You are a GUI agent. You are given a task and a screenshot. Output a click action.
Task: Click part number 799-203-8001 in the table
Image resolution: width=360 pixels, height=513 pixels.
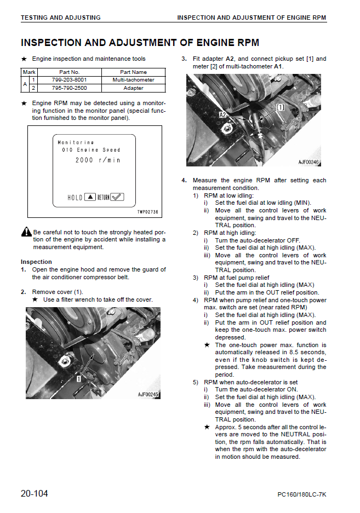pos(69,80)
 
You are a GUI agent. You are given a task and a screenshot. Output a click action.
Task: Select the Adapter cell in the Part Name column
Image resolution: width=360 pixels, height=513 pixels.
pos(133,88)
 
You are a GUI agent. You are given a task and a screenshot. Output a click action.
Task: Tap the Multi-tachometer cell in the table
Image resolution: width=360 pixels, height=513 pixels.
pos(133,80)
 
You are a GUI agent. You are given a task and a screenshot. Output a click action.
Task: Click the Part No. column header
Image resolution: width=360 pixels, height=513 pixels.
pos(69,72)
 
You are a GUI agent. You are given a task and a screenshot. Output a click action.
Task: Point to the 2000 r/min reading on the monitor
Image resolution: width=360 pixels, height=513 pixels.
pos(98,160)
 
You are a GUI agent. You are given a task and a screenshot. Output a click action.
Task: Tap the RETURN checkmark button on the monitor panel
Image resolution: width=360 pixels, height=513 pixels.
pos(117,197)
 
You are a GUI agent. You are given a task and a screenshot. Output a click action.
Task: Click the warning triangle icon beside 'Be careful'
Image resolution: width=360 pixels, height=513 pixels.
pos(26,232)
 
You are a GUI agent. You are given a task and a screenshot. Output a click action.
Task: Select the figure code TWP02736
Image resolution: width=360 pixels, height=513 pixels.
pos(147,211)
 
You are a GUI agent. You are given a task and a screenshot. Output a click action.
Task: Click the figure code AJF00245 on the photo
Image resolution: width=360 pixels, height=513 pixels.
pos(148,394)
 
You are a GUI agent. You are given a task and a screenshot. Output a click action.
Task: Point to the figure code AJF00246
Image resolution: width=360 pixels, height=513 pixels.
pos(309,162)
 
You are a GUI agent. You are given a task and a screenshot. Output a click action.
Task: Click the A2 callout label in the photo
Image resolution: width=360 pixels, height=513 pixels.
pos(223,115)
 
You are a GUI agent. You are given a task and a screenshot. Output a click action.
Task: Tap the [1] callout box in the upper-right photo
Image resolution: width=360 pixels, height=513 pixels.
pos(280,107)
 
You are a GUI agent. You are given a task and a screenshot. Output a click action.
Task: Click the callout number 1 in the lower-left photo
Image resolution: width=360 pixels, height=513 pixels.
pos(79,378)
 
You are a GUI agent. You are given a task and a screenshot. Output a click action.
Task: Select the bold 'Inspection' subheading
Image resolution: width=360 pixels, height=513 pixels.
pos(36,262)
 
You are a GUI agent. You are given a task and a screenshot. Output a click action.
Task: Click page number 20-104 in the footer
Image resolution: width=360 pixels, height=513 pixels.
pos(35,494)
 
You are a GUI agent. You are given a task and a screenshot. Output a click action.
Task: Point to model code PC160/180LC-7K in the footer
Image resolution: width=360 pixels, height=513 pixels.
pos(301,495)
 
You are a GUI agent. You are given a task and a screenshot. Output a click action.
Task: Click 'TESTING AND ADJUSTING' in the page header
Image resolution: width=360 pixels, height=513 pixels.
pos(60,18)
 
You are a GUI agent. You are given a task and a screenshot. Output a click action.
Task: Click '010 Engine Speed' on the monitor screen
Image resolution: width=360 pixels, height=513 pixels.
pos(91,150)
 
